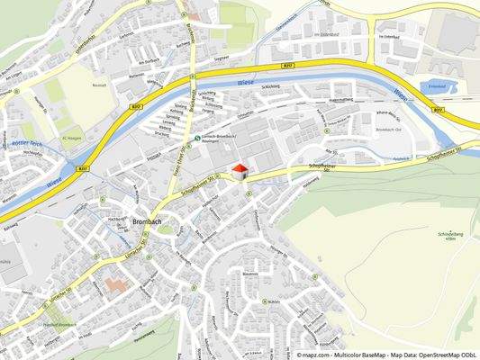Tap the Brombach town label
[x=146, y=220]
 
